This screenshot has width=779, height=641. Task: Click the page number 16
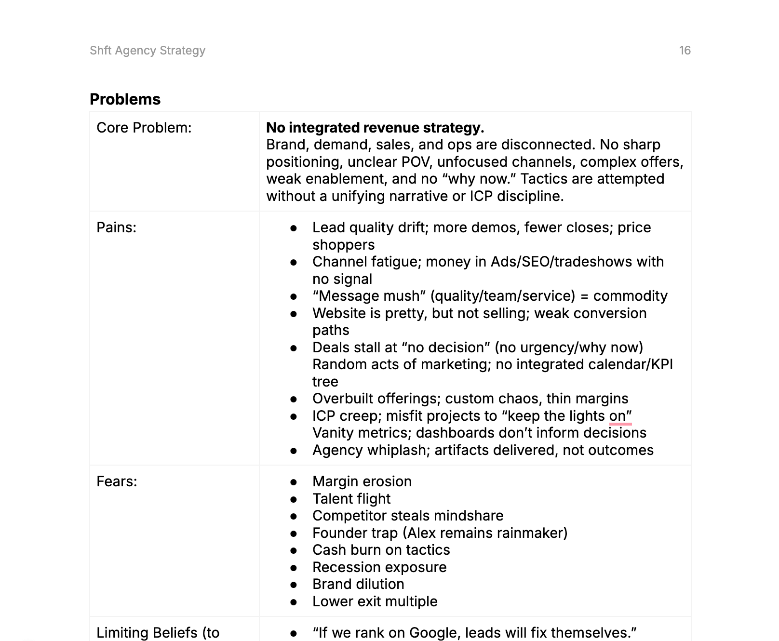685,51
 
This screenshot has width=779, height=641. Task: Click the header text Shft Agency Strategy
148,51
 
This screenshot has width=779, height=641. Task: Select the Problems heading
125,99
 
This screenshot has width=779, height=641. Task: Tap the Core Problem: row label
144,128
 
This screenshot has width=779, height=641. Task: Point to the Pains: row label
116,227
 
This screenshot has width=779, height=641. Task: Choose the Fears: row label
117,481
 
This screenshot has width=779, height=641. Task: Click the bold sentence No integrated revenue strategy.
375,128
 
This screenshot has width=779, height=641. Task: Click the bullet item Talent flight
351,499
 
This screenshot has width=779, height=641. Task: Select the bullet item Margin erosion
362,481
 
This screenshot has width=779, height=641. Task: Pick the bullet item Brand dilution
358,584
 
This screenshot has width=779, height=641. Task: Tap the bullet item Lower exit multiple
375,601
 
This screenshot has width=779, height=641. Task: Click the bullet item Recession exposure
379,567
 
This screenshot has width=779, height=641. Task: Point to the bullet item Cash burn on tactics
381,550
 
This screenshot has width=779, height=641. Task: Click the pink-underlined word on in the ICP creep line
617,416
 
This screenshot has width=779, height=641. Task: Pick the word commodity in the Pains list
630,296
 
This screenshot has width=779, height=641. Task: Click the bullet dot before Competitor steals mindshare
294,516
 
